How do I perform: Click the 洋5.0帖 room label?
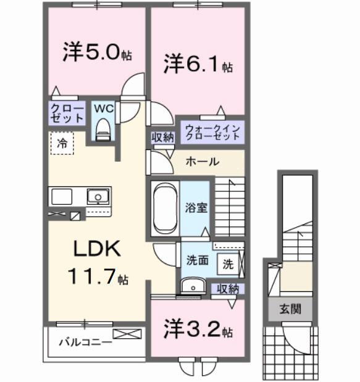[96, 52]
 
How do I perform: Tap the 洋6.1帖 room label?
[198, 64]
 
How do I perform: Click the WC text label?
[103, 108]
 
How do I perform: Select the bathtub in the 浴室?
[165, 207]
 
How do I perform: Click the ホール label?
[202, 162]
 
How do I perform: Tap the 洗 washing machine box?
[228, 264]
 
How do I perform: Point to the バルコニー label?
[85, 341]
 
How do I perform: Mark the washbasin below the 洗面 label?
[193, 286]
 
